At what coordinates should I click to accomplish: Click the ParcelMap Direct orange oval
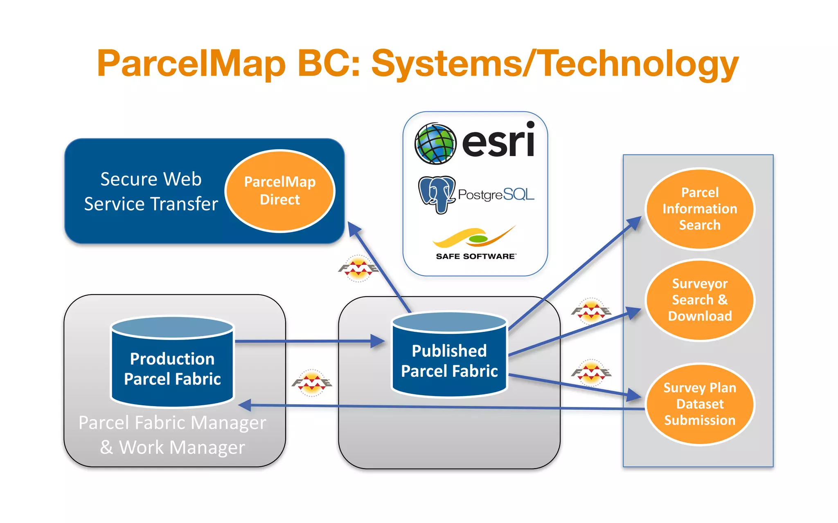tap(280, 191)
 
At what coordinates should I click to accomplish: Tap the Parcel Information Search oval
tap(700, 209)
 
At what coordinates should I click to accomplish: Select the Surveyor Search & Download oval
tap(700, 300)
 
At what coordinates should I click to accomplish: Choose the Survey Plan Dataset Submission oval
tap(700, 404)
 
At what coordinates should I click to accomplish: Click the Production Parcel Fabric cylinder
tap(172, 364)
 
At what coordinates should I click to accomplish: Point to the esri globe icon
tap(435, 144)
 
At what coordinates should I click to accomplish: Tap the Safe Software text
tap(475, 256)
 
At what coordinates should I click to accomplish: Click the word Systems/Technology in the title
tap(555, 63)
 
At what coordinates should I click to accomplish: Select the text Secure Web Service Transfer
tap(151, 191)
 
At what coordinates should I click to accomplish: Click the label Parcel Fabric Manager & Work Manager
tap(172, 435)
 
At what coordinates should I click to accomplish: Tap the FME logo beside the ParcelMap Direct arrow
tap(358, 268)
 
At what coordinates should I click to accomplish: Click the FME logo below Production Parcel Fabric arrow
tap(312, 383)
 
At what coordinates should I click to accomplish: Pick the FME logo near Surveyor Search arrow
tap(591, 311)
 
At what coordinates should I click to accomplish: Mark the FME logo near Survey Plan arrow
tap(591, 372)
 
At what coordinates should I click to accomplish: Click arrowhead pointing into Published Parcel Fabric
tap(377, 341)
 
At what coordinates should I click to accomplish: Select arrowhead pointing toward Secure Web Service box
tap(354, 229)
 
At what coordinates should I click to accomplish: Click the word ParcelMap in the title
tap(191, 63)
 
